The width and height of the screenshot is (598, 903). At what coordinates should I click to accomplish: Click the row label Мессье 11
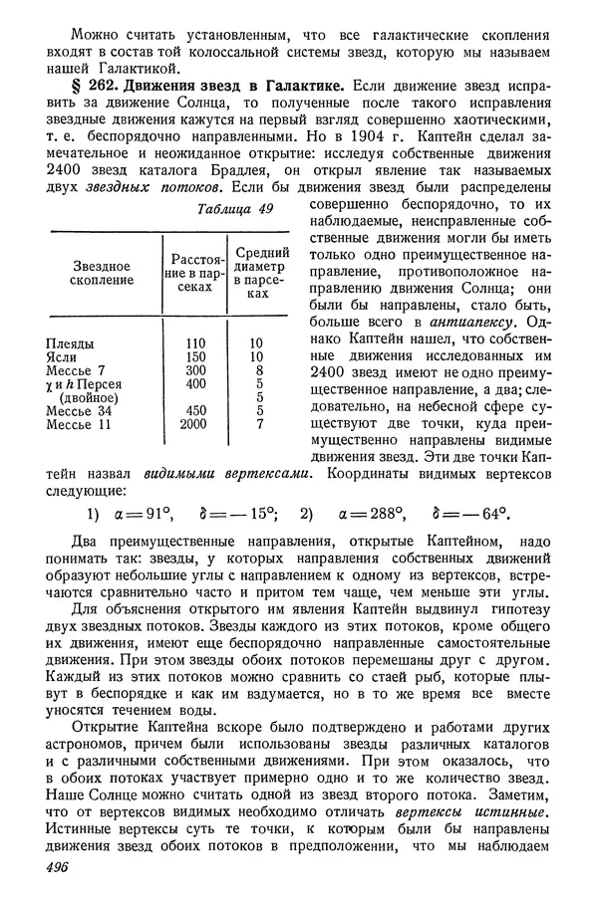tap(80, 424)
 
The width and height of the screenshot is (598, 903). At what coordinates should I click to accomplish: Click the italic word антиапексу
tap(469, 324)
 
